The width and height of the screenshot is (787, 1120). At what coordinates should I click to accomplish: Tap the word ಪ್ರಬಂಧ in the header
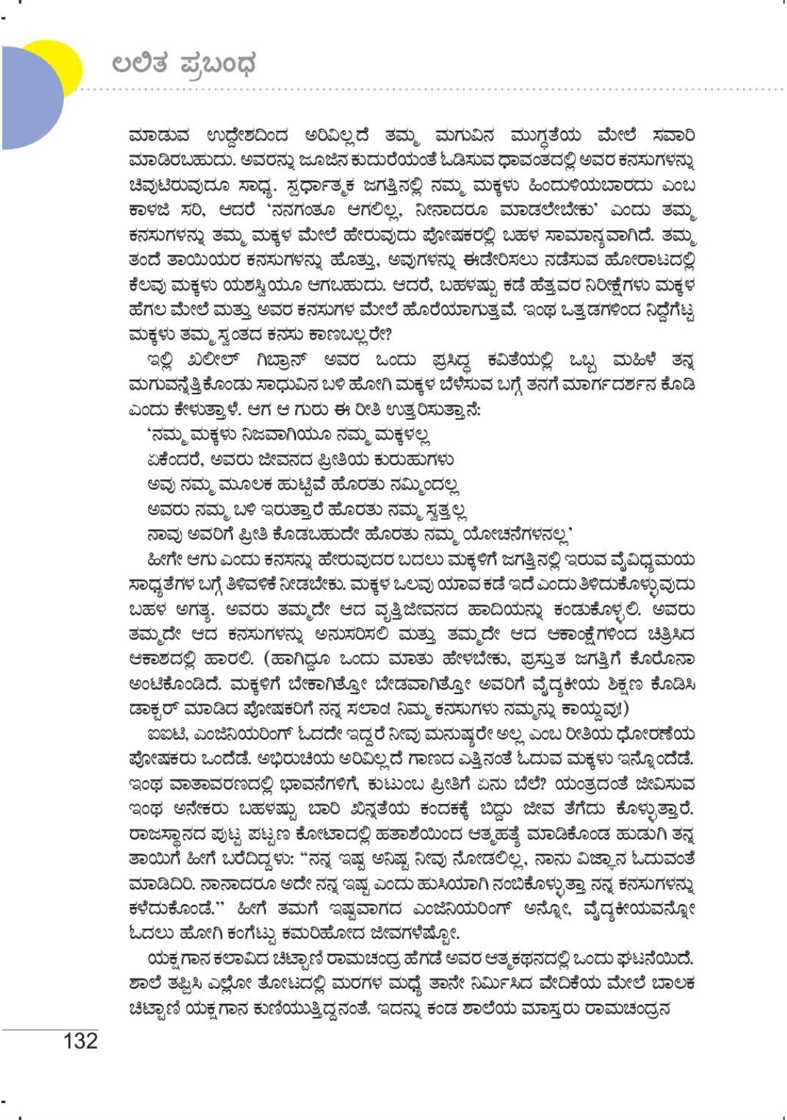[218, 65]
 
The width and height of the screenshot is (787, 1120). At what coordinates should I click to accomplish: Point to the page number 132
[80, 1041]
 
